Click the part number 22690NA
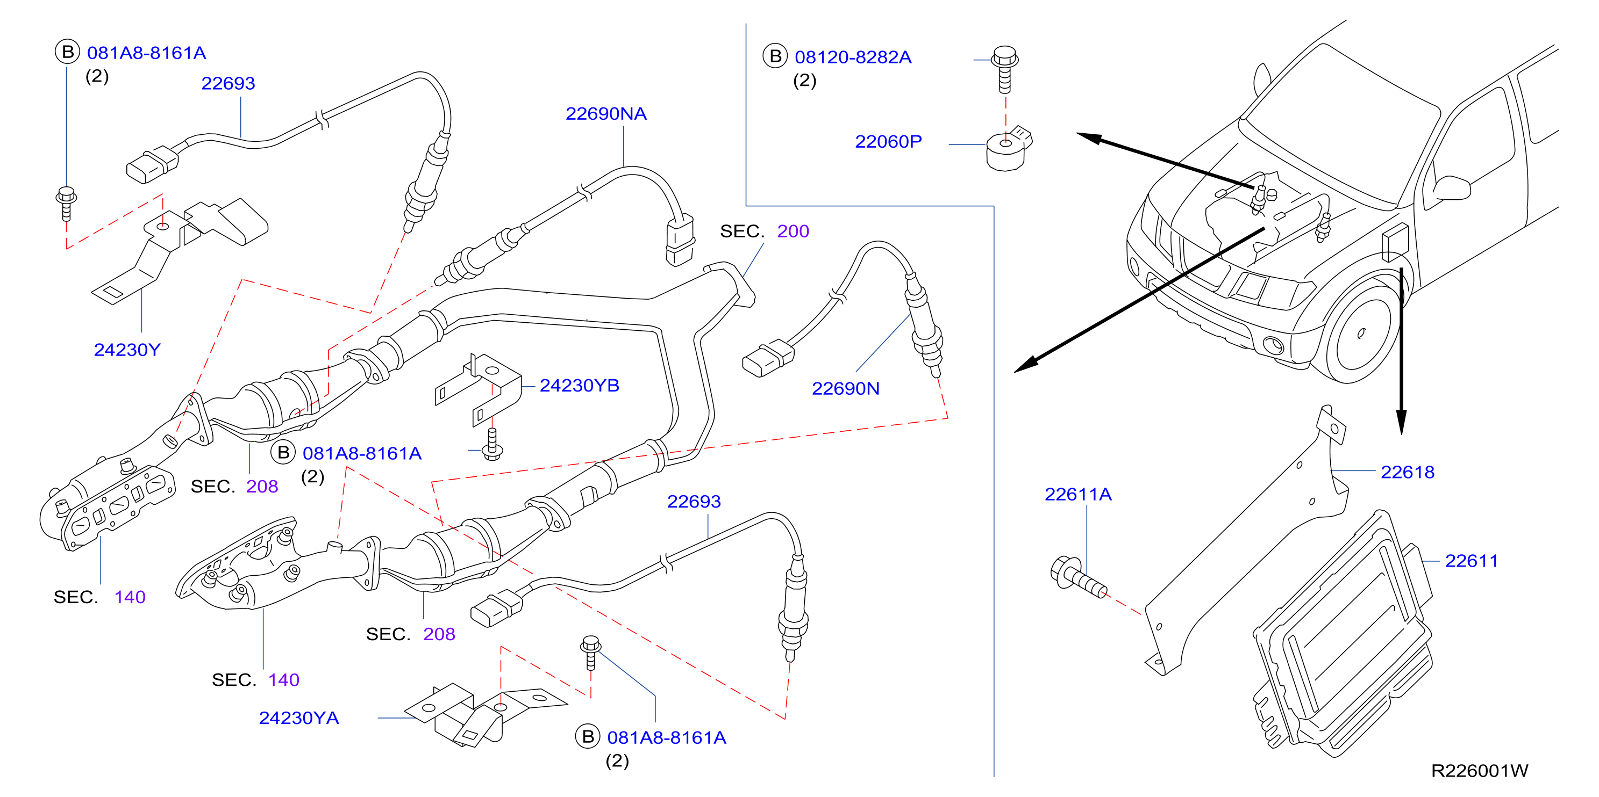coord(606,113)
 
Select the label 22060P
coord(888,141)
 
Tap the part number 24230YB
coord(579,385)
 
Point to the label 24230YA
coord(298,718)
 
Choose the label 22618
coord(1407,472)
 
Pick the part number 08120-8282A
coord(853,57)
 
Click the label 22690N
coord(845,388)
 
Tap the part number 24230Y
coord(127,350)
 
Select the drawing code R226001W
coord(1479,770)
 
